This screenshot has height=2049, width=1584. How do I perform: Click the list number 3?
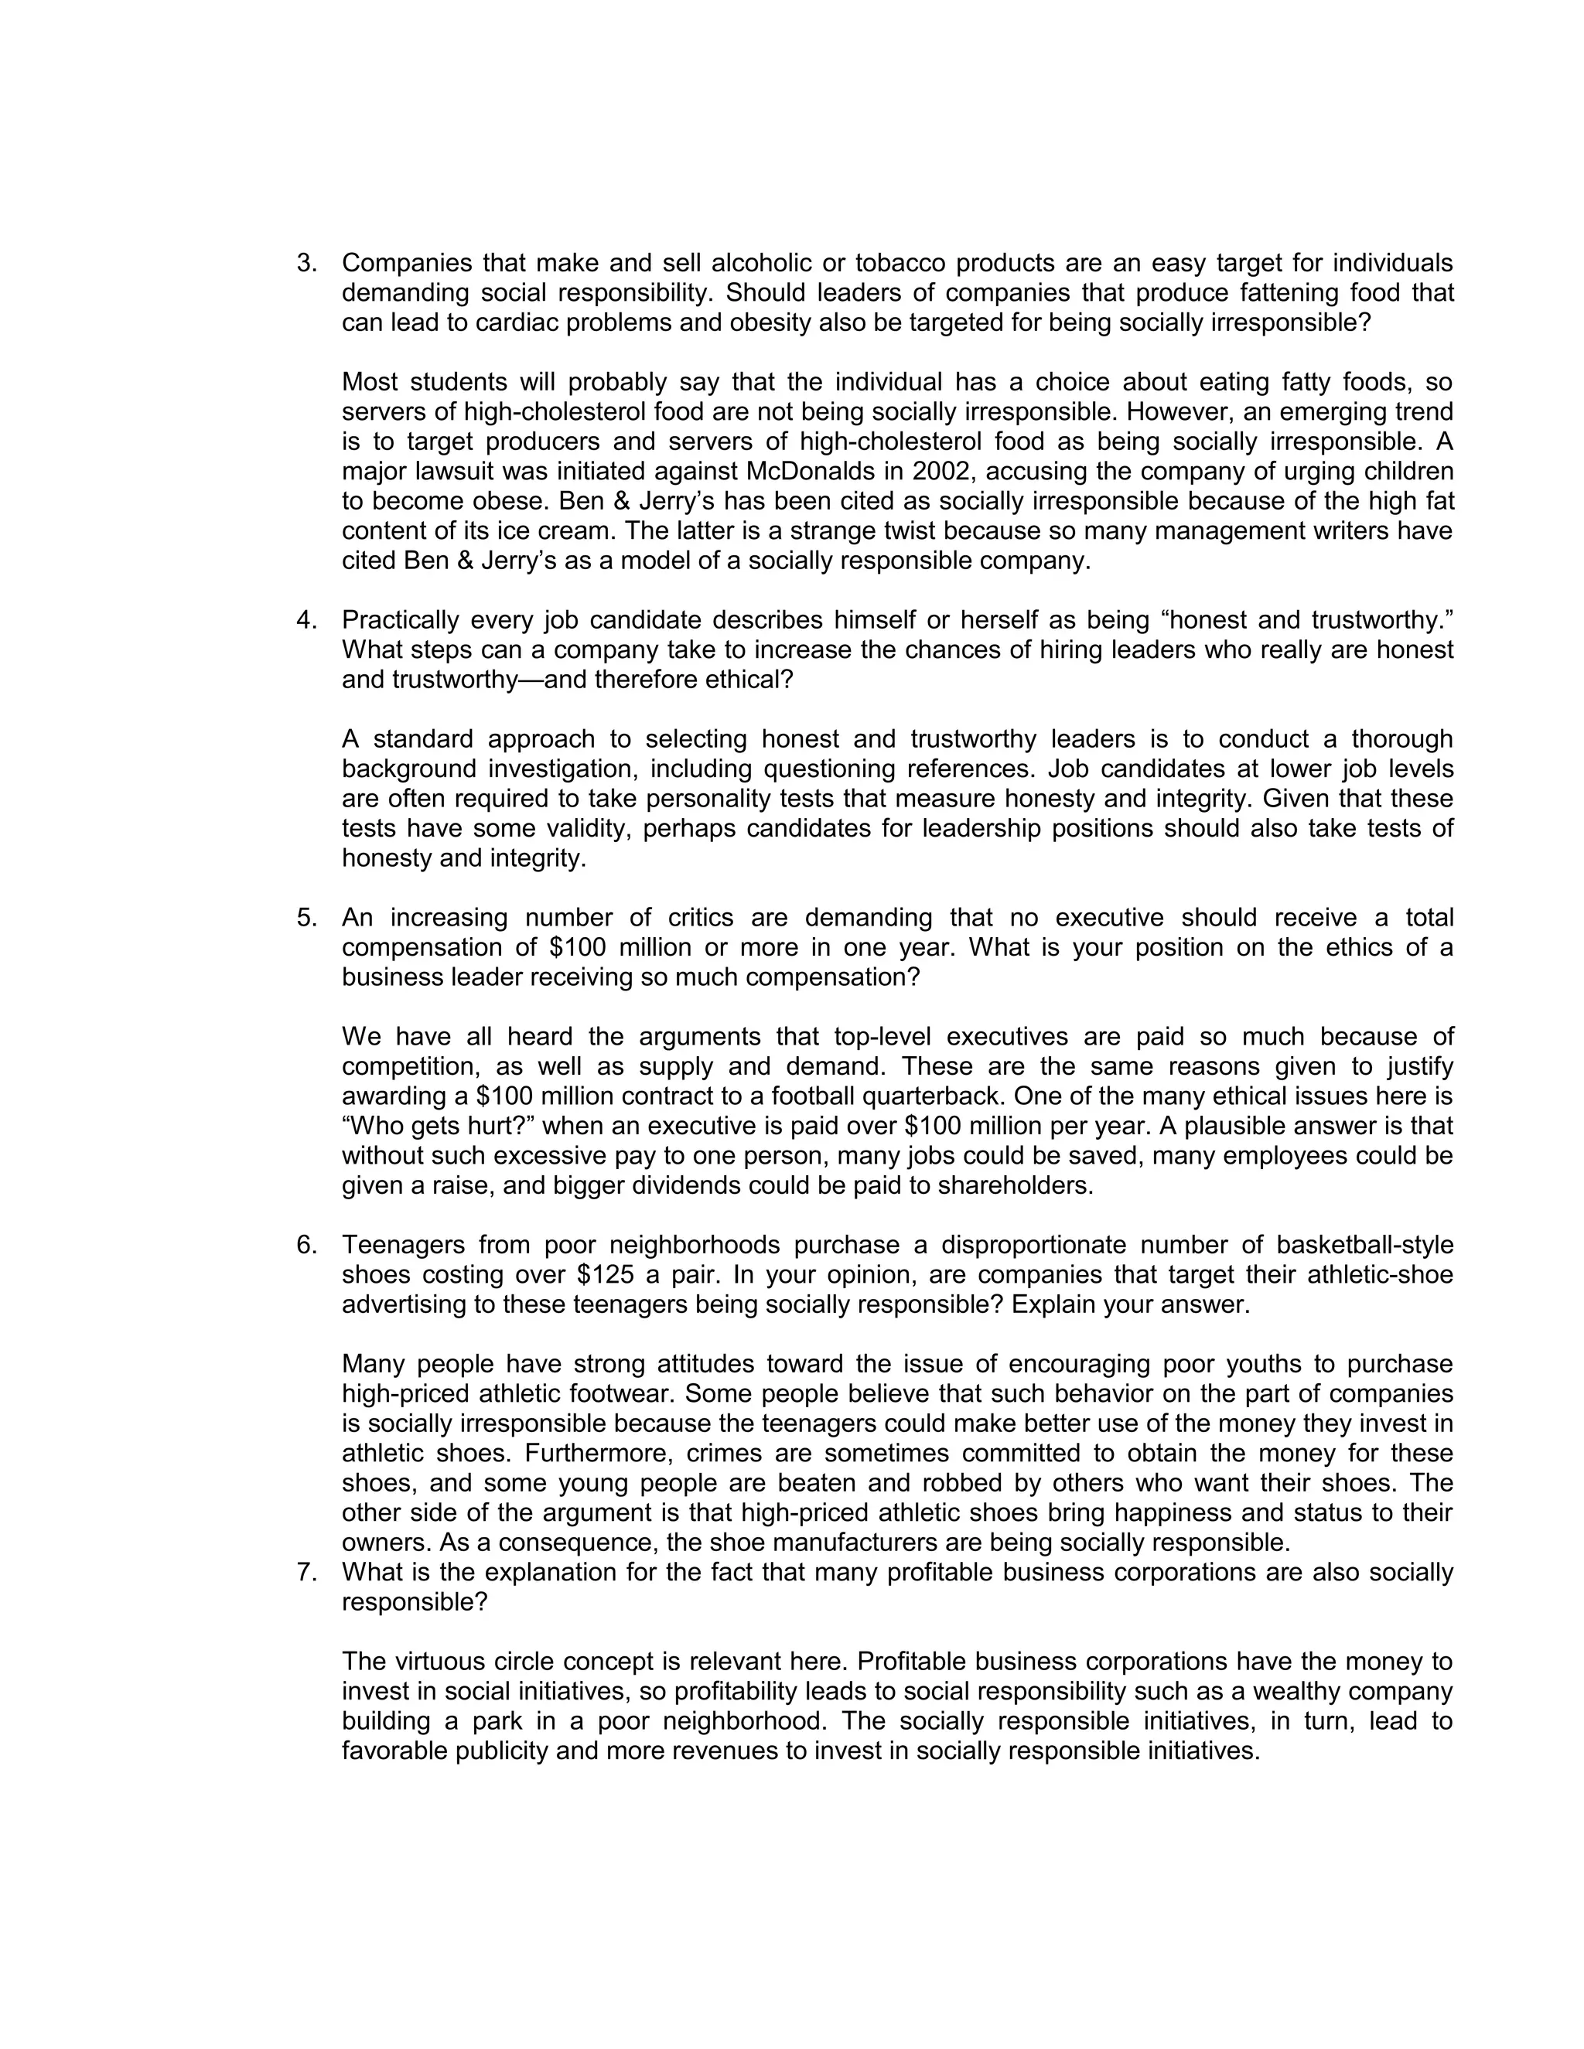tap(306, 264)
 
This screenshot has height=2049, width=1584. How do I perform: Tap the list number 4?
tap(306, 620)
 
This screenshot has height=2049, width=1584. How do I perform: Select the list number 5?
tap(306, 918)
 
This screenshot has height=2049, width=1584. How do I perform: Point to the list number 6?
tap(306, 1245)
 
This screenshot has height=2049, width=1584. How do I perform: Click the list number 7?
tap(306, 1573)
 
